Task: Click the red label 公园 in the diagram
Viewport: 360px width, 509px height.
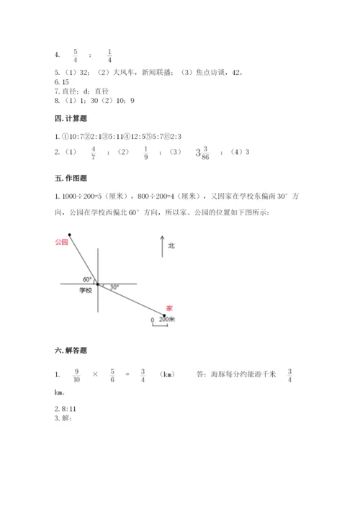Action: [61, 243]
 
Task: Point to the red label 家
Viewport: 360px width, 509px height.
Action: [169, 307]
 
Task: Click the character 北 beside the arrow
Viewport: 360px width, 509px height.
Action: [171, 246]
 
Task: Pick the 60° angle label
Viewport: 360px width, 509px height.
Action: [87, 279]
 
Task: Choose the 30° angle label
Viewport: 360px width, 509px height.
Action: [114, 287]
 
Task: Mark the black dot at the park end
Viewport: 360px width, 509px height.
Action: [70, 234]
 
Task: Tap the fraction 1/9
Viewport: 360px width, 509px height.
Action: [147, 153]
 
